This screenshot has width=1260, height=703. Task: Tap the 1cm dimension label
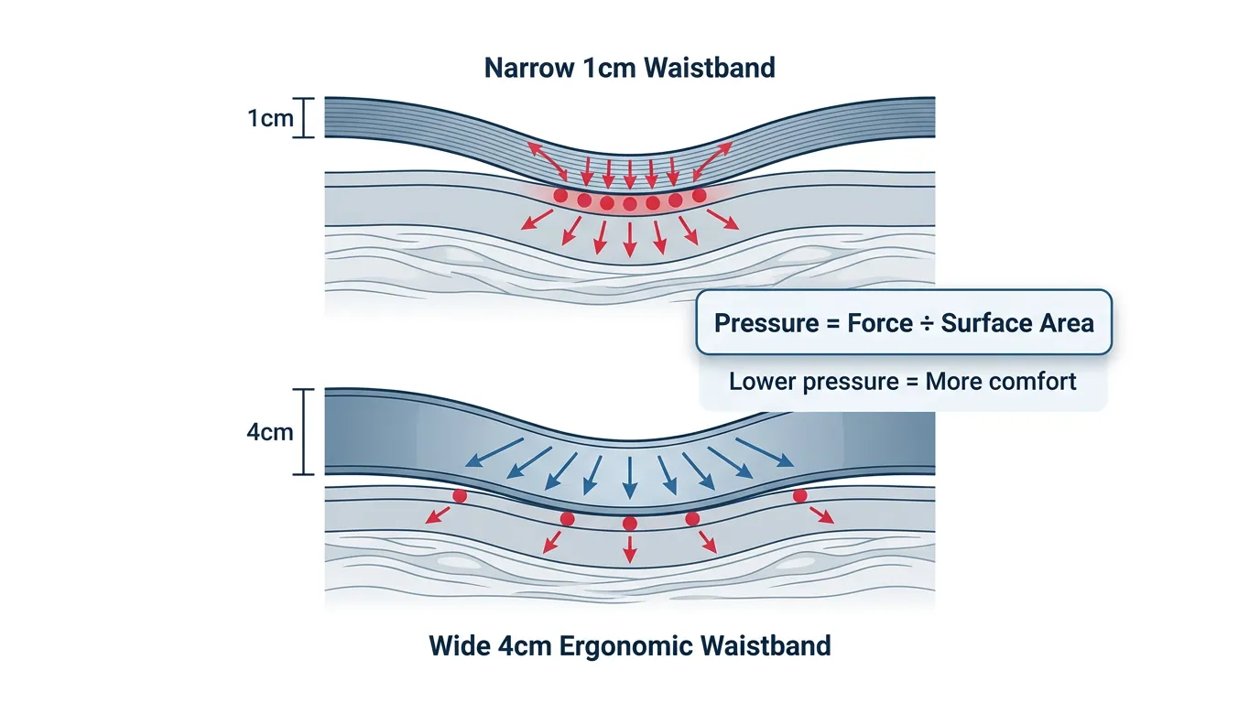pyautogui.click(x=270, y=118)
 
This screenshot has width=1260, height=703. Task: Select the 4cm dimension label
pyautogui.click(x=270, y=432)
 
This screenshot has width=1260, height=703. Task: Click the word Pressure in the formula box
pyautogui.click(x=765, y=323)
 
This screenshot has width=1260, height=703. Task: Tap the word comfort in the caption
pyautogui.click(x=1035, y=381)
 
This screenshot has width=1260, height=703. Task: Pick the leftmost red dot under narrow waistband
pyautogui.click(x=560, y=196)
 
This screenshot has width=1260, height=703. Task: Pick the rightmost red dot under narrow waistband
pyautogui.click(x=700, y=195)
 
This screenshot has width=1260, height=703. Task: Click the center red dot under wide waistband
pyautogui.click(x=629, y=524)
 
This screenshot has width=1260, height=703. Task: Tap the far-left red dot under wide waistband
pyautogui.click(x=460, y=495)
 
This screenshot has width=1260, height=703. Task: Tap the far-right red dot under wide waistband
pyautogui.click(x=799, y=495)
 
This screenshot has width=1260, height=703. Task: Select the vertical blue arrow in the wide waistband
pyautogui.click(x=629, y=477)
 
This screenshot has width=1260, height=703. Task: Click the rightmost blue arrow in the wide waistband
pyautogui.click(x=765, y=452)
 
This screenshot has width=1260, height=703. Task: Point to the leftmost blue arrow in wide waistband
pyautogui.click(x=494, y=452)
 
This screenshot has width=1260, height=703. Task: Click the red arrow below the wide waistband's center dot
pyautogui.click(x=629, y=549)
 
